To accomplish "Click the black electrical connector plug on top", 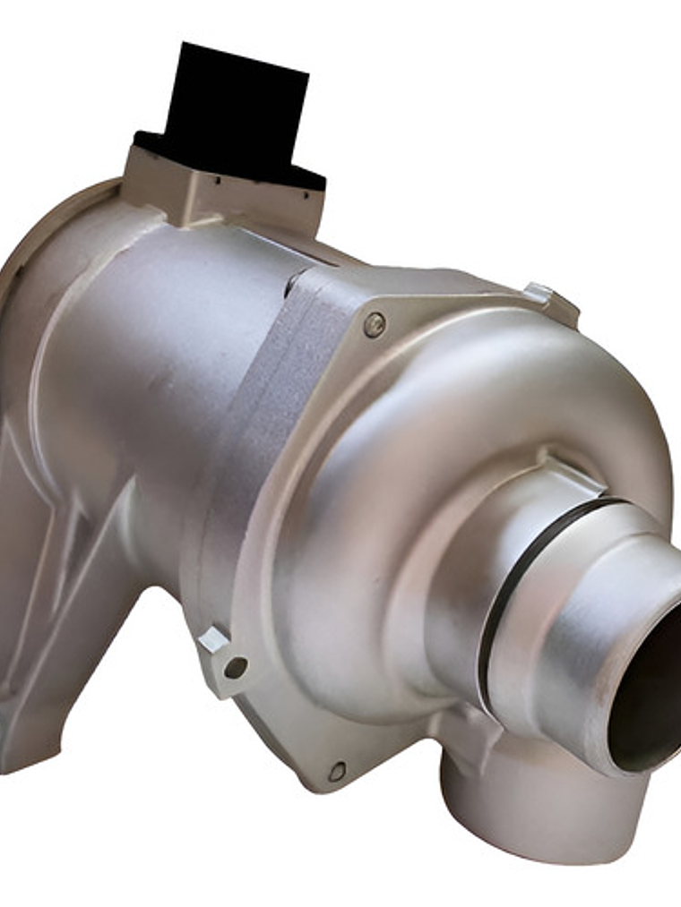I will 235,112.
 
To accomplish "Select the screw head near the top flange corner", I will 375,325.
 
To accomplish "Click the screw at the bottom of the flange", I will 337,771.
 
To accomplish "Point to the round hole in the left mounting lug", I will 236,667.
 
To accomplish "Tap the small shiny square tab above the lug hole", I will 213,638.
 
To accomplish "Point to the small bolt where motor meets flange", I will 293,285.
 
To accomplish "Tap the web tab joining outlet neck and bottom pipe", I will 466,725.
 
